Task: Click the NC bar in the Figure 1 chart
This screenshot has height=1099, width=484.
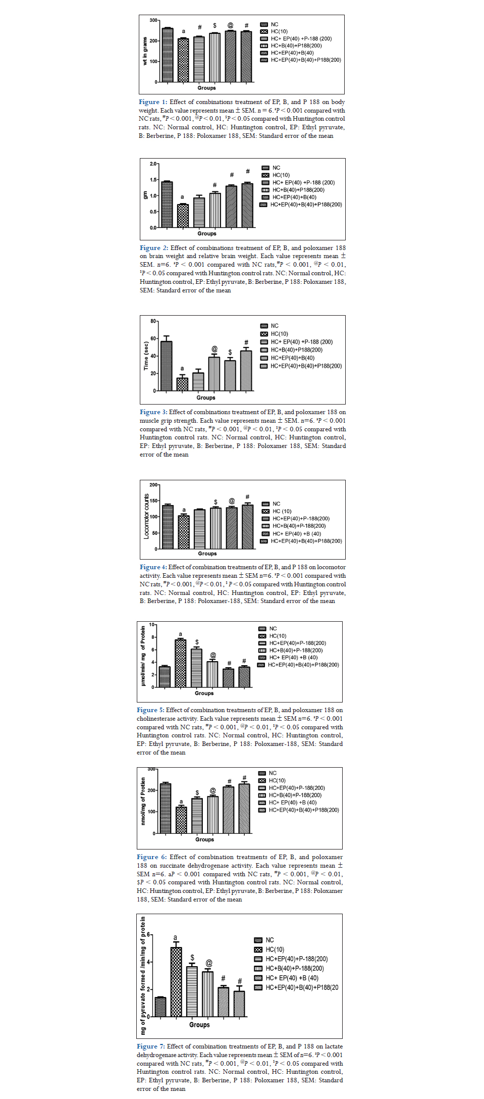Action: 168,55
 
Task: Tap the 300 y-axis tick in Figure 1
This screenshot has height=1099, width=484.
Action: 153,21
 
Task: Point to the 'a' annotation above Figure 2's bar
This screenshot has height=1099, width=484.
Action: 182,197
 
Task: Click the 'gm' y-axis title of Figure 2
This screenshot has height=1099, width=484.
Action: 145,195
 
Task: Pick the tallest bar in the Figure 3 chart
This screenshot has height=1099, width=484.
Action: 166,366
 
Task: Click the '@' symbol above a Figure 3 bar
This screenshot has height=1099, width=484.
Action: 214,349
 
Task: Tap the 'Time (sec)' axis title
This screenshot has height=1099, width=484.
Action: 146,356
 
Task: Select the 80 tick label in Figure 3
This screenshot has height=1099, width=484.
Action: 153,321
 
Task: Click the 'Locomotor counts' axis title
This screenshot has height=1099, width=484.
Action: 146,516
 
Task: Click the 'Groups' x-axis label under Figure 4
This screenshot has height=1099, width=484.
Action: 207,554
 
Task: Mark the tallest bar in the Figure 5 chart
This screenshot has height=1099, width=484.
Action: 180,663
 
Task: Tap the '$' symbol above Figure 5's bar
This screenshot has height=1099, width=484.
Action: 197,642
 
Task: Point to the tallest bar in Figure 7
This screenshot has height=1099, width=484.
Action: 176,982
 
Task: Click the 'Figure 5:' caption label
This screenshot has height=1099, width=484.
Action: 150,710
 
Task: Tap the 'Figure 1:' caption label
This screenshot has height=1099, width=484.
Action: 152,102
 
